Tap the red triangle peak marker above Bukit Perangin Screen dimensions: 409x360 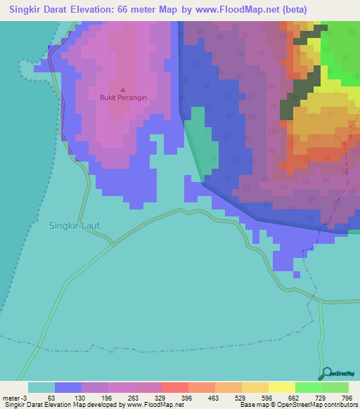tap(123, 89)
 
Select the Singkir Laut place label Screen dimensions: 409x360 tap(73, 226)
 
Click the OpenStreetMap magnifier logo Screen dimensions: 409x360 tap(326, 373)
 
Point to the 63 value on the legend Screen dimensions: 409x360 tap(51, 398)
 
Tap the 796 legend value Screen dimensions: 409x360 tap(345, 398)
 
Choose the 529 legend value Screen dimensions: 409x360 tap(238, 398)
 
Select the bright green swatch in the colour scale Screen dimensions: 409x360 tap(308, 387)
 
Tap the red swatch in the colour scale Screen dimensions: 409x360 tap(174, 387)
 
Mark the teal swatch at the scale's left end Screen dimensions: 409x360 tap(41, 387)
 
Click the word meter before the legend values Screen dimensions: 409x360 tap(13, 398)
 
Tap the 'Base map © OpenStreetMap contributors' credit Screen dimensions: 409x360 tap(298, 405)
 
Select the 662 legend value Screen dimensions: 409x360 tap(291, 398)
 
